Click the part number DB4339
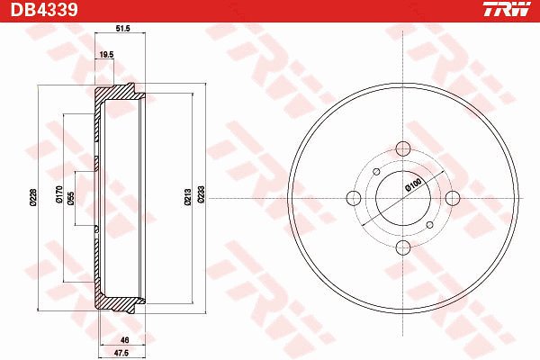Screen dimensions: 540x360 pos(44,9)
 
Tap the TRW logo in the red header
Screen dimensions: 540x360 pos(507,9)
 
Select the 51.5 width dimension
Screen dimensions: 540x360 pos(122,29)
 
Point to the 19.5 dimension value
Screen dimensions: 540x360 pos(106,54)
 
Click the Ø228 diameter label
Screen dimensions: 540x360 pos(33,197)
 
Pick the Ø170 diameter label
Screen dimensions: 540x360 pos(59,194)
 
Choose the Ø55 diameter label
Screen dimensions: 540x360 pos(71,199)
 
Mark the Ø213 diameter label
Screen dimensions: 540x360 pos(188,197)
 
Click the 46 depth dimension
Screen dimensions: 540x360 pos(125,340)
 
